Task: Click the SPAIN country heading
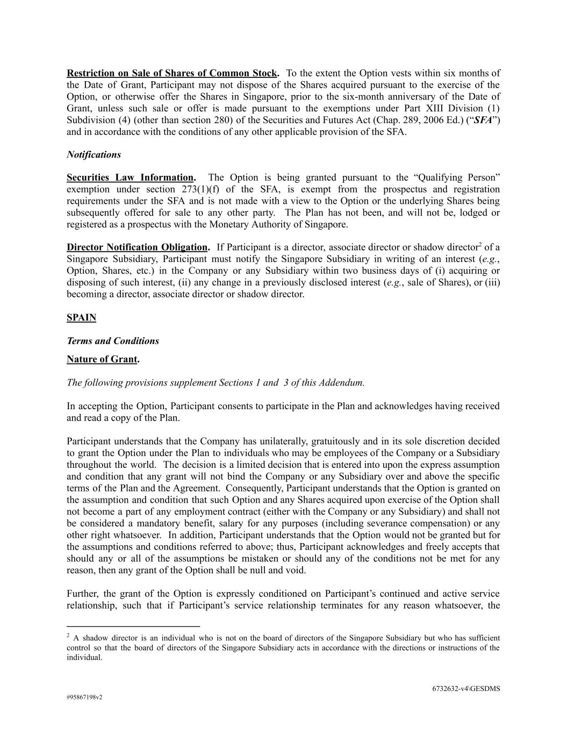click(81, 318)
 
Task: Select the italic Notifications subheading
click(94, 155)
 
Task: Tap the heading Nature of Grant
click(102, 359)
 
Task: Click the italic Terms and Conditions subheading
click(113, 341)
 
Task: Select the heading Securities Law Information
click(130, 177)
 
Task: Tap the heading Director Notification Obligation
click(137, 247)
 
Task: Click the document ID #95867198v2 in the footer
click(84, 697)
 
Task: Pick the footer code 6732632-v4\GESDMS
click(465, 689)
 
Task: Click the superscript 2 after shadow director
click(480, 245)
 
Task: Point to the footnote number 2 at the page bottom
click(68, 636)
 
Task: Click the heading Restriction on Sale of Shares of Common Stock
click(172, 73)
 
